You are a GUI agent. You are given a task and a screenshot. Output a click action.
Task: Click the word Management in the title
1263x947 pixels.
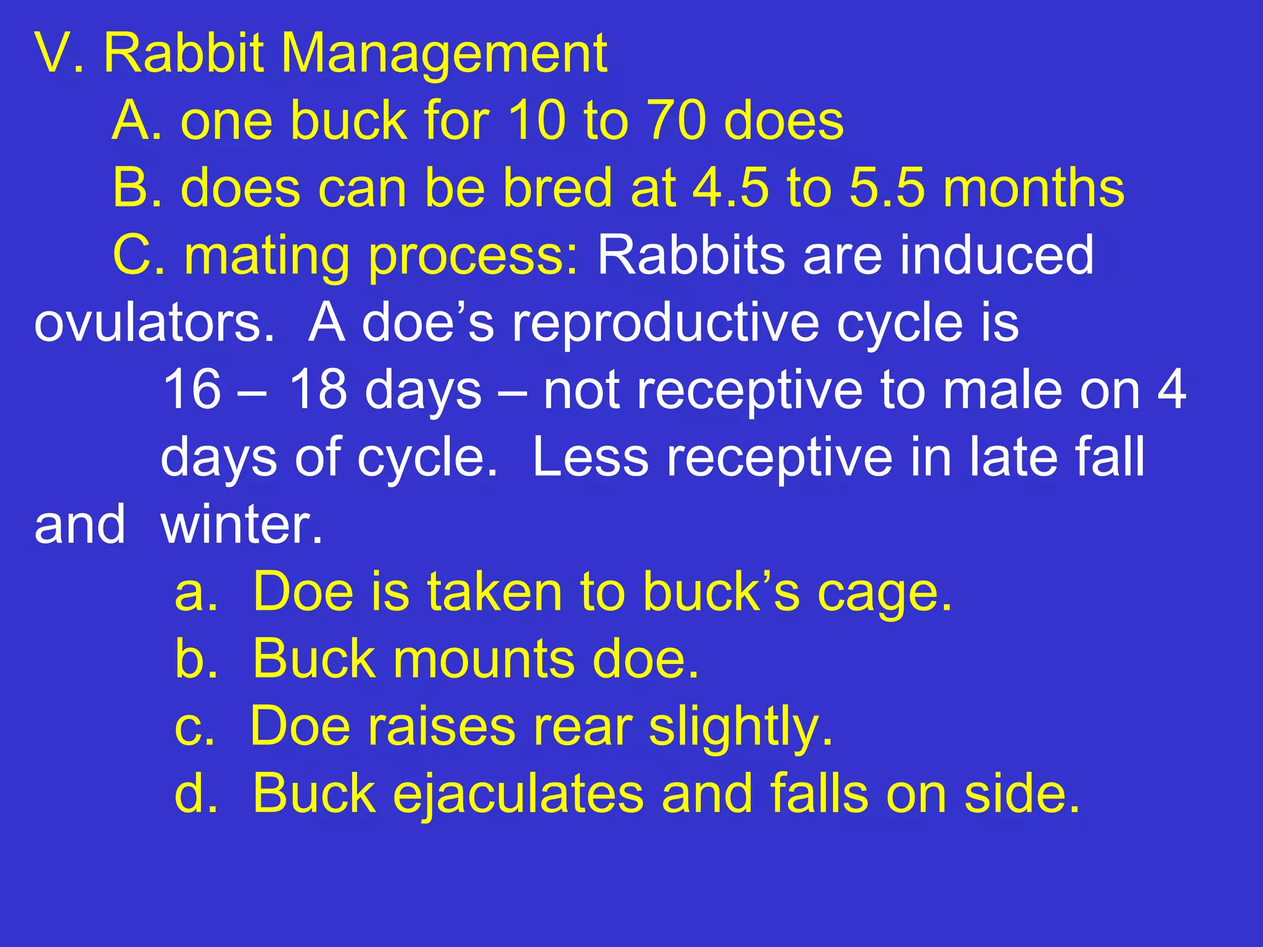(x=444, y=54)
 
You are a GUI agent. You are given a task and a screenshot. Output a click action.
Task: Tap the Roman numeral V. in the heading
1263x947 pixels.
(x=59, y=54)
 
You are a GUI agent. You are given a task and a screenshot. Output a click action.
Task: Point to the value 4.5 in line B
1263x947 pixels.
(x=731, y=188)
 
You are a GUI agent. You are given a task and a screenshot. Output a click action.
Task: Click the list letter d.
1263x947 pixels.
(x=196, y=794)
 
